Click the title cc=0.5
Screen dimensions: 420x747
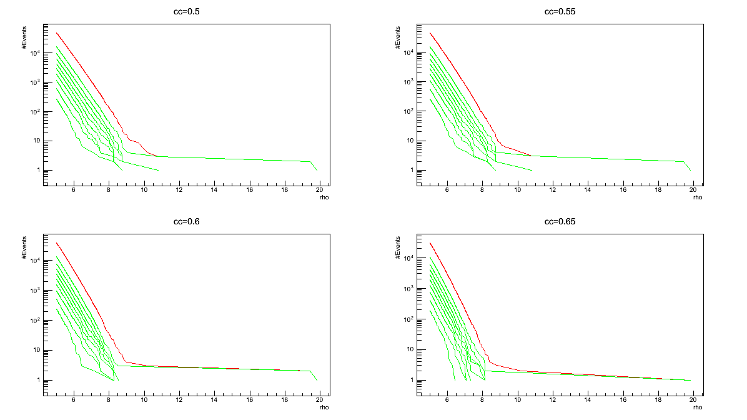pos(186,12)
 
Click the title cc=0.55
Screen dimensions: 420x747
pos(560,12)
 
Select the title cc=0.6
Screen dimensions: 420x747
pos(186,222)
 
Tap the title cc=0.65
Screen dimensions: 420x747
pos(560,222)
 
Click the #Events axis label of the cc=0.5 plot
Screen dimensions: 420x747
pos(24,45)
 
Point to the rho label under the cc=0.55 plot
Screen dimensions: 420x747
pos(698,197)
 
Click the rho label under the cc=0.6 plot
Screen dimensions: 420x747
pos(324,407)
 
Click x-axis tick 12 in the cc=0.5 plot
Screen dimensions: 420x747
pos(179,191)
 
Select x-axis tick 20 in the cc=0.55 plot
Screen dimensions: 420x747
pos(693,191)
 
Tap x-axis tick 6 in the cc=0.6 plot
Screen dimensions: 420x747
pos(74,401)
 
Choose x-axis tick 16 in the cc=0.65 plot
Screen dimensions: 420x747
pos(623,401)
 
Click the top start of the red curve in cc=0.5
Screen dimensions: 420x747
pos(56,32)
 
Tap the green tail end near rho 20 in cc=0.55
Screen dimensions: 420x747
pos(690,169)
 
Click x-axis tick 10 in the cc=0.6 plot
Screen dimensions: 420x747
pos(144,401)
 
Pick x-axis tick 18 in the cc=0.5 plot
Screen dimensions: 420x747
pos(285,191)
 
